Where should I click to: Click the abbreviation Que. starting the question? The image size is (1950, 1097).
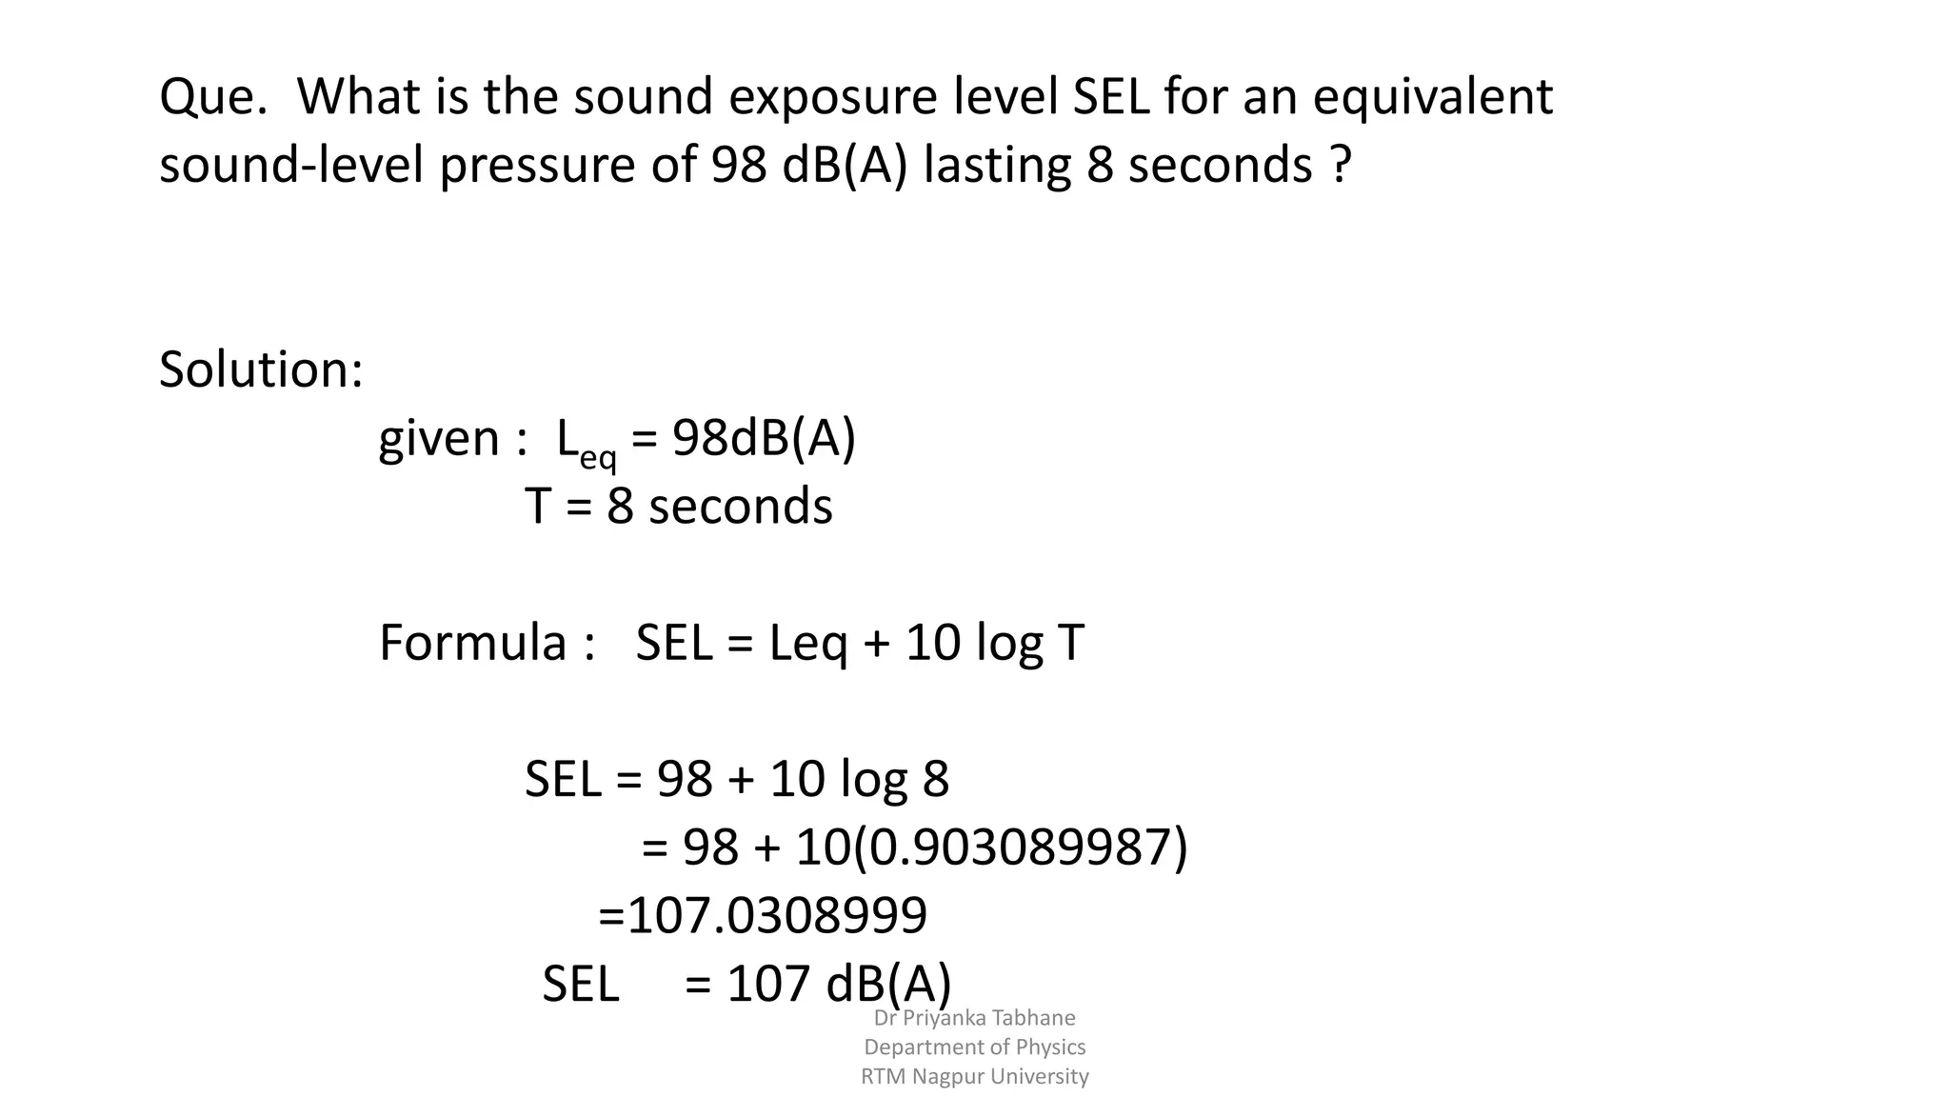[x=212, y=97]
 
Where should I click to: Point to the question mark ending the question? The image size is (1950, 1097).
[x=1340, y=165]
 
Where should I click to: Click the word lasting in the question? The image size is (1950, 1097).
[x=997, y=165]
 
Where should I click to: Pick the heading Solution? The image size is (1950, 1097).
[x=261, y=369]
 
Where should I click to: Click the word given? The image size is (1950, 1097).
[x=439, y=439]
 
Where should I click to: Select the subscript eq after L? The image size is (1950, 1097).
[x=598, y=457]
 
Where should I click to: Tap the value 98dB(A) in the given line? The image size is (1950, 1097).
[x=764, y=439]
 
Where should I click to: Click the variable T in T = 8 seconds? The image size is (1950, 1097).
[x=538, y=506]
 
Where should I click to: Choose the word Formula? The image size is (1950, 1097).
[x=473, y=643]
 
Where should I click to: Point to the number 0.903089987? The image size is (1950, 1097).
[x=1021, y=847]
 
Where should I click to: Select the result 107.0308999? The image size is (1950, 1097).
[x=777, y=915]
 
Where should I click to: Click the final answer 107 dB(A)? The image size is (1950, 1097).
[x=839, y=984]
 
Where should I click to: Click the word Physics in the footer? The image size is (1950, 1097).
[x=1050, y=1047]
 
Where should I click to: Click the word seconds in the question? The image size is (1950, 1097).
[x=1220, y=165]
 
